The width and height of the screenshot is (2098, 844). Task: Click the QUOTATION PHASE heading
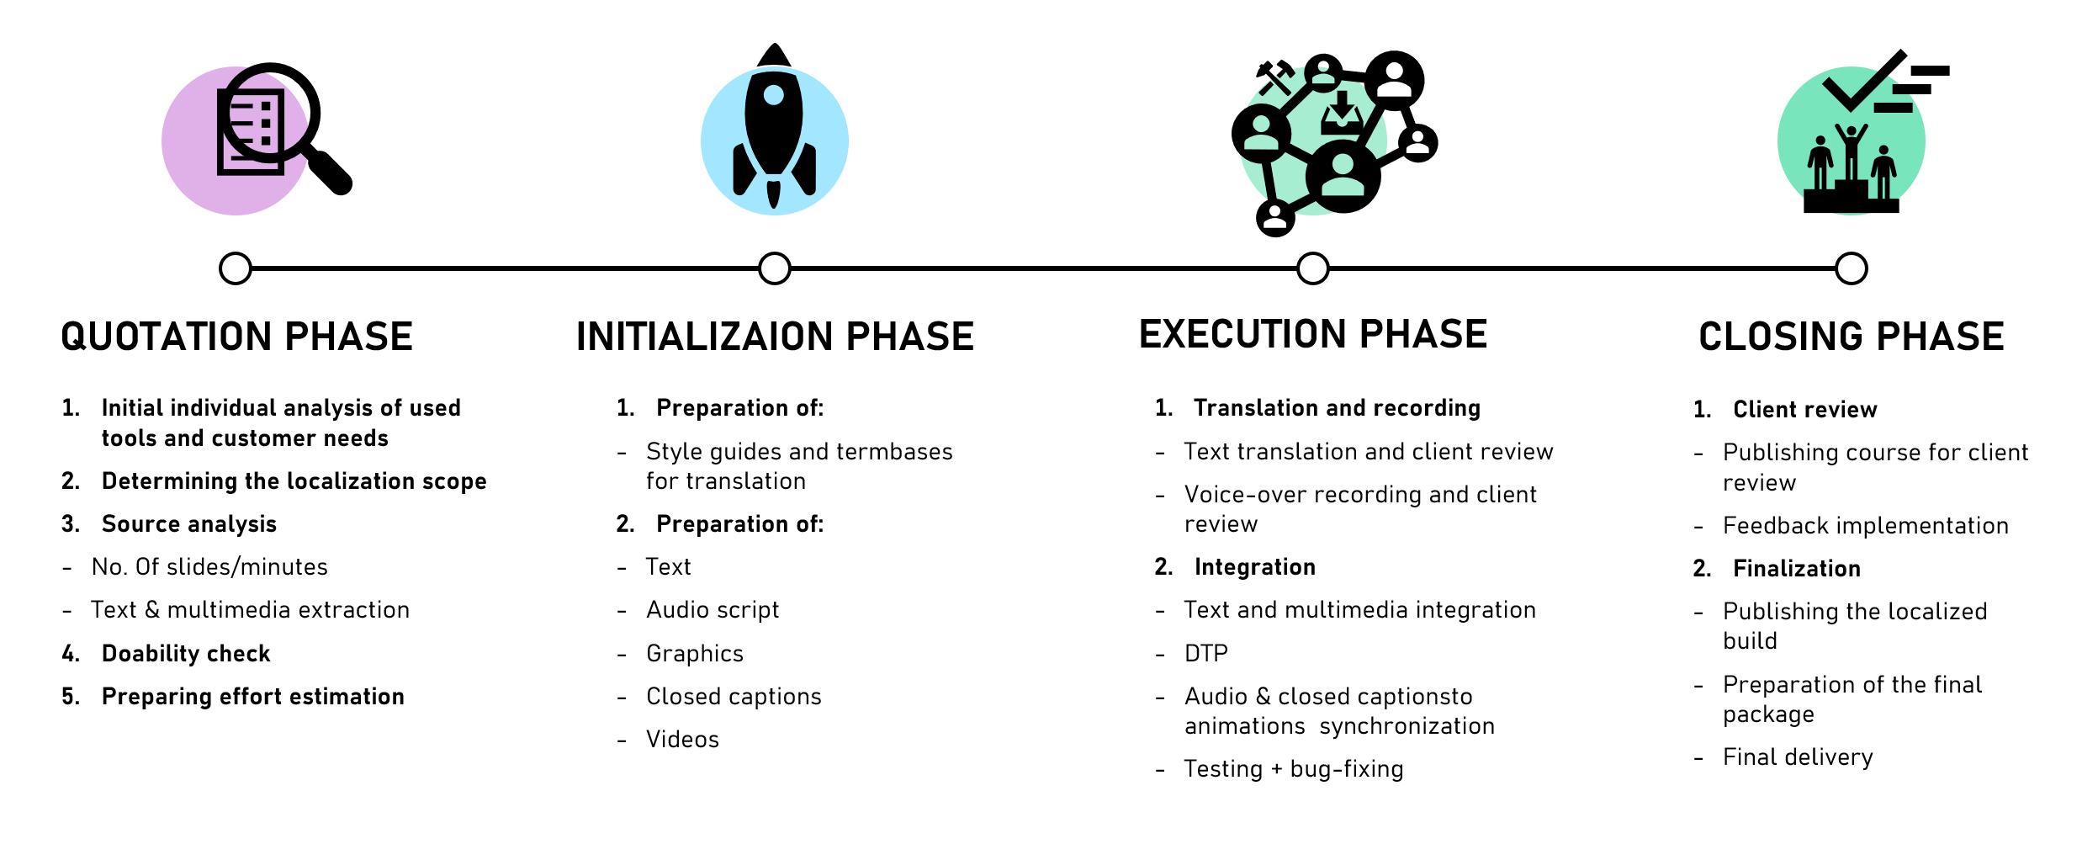click(236, 337)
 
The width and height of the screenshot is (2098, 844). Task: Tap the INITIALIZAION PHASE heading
click(775, 337)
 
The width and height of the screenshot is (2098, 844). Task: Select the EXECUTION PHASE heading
click(1312, 334)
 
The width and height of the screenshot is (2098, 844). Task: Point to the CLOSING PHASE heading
click(1851, 337)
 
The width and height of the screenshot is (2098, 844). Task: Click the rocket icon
click(774, 126)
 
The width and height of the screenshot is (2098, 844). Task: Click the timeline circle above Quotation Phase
click(236, 268)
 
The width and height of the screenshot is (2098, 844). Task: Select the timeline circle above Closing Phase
click(1851, 268)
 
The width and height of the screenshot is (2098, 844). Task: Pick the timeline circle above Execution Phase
click(1312, 268)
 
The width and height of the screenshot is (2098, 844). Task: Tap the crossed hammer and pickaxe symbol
click(1274, 77)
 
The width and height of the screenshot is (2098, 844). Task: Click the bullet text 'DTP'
click(1205, 653)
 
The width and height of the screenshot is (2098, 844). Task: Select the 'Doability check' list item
click(186, 653)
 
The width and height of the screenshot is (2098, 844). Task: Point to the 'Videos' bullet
click(682, 739)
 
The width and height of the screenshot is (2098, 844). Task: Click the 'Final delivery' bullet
click(1798, 756)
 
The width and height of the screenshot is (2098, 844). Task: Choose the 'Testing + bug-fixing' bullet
click(1294, 768)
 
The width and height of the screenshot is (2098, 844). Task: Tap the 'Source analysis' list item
click(188, 523)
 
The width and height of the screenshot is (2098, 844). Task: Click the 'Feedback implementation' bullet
click(1865, 525)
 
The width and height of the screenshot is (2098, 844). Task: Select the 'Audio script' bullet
click(713, 609)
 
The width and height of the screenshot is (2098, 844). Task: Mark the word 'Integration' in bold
click(1254, 566)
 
